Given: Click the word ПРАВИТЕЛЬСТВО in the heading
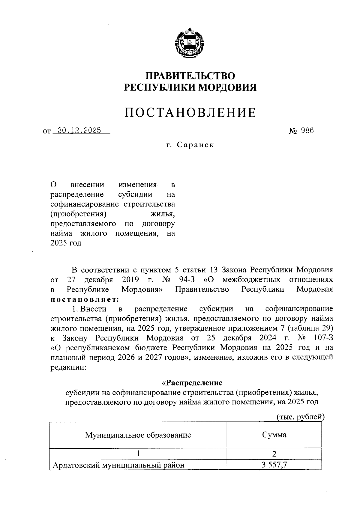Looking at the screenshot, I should click(190, 75).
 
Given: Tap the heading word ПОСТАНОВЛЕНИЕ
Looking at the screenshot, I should click(190, 113).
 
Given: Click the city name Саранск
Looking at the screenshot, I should click(195, 145).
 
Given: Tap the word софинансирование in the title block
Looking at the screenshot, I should click(85, 204).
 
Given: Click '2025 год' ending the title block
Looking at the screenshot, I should click(66, 243).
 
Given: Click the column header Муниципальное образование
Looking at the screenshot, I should click(138, 435).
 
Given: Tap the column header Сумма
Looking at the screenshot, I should click(274, 435).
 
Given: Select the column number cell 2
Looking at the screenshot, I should click(274, 453).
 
